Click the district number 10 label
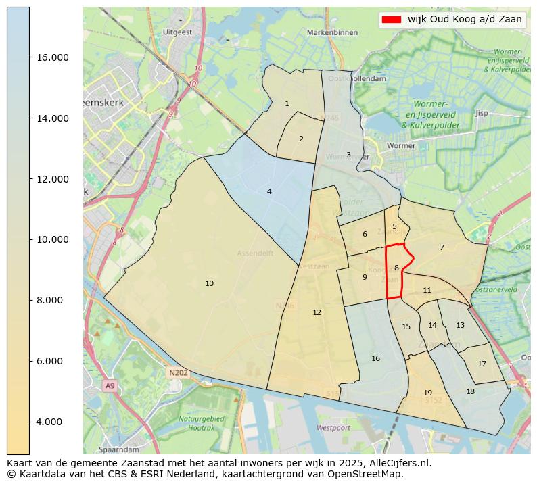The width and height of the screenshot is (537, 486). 209,283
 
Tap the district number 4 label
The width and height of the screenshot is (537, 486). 269,192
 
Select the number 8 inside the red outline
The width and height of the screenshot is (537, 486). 396,268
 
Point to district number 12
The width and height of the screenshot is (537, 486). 317,312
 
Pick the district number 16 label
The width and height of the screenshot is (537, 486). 375,358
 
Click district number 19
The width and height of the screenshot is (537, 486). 427,393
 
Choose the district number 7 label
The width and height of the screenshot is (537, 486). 442,247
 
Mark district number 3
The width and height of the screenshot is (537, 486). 348,155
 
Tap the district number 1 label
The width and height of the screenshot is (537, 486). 287,103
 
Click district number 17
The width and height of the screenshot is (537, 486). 482,364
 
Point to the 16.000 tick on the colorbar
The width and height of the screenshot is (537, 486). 52,57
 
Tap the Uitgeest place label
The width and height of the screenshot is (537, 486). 178,32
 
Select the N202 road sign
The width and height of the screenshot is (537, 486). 178,372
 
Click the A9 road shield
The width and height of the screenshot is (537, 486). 110,385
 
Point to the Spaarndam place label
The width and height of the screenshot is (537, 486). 118,449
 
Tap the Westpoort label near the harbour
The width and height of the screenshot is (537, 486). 333,428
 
